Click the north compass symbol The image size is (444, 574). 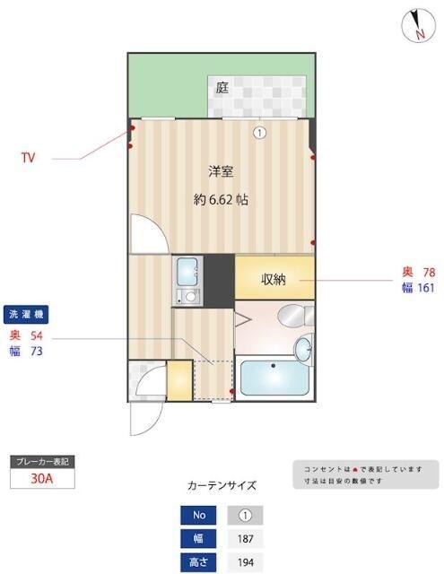(417, 24)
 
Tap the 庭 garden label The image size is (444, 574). (222, 87)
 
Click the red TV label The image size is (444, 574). (29, 158)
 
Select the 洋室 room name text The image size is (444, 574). (222, 170)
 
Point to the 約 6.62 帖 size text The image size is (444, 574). (222, 200)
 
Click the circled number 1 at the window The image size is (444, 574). (259, 133)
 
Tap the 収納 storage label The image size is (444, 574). (274, 279)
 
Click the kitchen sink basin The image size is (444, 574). (188, 270)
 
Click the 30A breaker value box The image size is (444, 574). (42, 478)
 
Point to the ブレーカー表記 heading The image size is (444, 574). (42, 461)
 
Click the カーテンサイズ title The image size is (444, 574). (222, 486)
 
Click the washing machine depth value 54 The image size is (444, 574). (37, 335)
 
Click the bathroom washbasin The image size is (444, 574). (305, 347)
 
